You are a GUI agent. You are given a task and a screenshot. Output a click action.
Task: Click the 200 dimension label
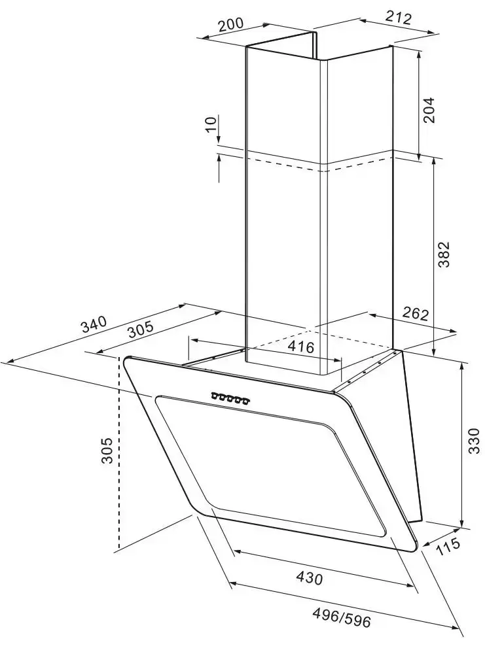[x=230, y=24]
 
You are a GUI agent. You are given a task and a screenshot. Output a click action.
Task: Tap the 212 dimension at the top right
[x=399, y=18]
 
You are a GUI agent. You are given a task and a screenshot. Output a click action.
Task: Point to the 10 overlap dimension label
[x=211, y=124]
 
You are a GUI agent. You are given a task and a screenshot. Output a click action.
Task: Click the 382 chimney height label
[x=444, y=254]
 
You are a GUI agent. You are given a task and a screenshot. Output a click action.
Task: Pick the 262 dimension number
[x=416, y=314]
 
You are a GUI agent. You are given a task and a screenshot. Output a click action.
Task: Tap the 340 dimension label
[x=94, y=324]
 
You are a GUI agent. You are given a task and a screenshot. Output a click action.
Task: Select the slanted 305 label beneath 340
[x=140, y=330]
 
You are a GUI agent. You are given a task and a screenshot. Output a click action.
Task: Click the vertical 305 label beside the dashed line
[x=107, y=450]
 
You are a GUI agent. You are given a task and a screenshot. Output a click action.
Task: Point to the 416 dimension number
[x=301, y=347]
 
